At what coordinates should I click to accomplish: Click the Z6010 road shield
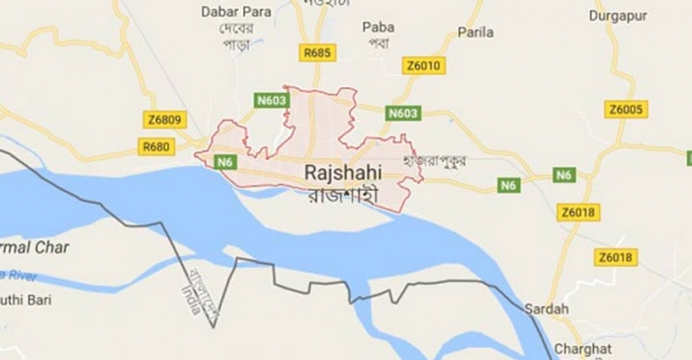pyautogui.click(x=424, y=65)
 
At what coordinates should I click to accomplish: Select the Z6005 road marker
pyautogui.click(x=626, y=109)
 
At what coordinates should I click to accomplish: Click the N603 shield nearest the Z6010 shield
pyautogui.click(x=403, y=114)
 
